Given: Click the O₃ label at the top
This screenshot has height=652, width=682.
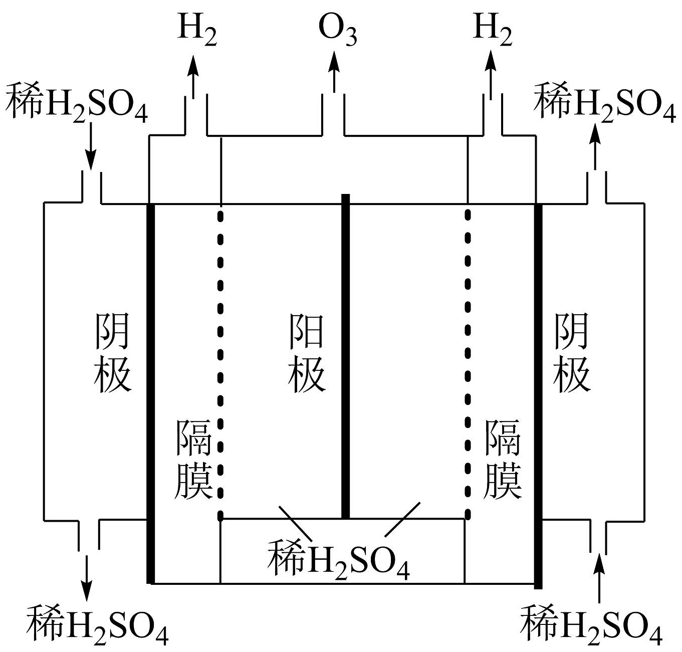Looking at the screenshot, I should tap(338, 31).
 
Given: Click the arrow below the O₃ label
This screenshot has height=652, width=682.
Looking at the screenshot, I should tap(334, 73).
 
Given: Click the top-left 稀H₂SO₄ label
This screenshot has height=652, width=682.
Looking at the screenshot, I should tap(77, 102).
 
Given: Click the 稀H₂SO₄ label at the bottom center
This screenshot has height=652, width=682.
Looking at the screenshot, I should tap(339, 559).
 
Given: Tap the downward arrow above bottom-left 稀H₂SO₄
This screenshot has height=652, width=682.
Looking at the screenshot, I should tap(87, 576).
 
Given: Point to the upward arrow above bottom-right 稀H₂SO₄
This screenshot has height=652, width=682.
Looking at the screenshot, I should tap(598, 576).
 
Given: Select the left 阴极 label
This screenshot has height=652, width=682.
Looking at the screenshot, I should tap(112, 353).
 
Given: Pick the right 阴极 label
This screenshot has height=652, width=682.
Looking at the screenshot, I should tap(572, 353).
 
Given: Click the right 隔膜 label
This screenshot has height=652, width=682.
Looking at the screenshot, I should tap(503, 459).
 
